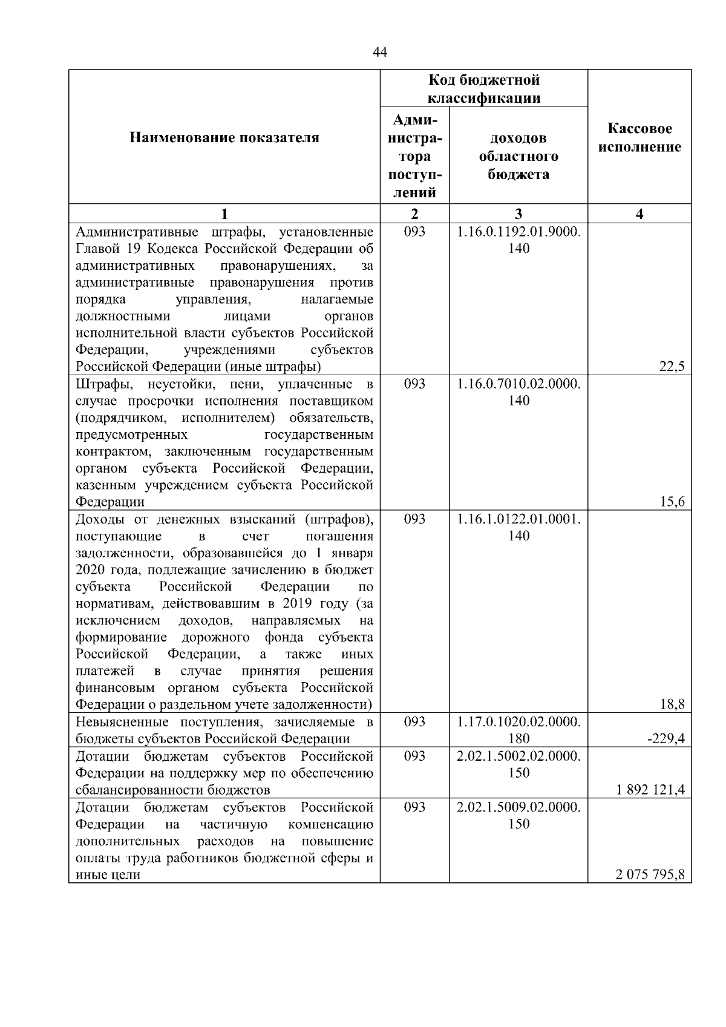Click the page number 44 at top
380,53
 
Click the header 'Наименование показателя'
224,138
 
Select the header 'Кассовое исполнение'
639,138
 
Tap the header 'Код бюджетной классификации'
484,89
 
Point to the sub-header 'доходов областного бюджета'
518,156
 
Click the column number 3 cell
518,214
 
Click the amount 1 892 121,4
651,790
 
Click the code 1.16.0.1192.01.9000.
518,232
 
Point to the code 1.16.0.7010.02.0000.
518,384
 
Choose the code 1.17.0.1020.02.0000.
518,722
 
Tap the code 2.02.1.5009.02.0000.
518,807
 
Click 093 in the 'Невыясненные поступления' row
414,722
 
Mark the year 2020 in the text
90,570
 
